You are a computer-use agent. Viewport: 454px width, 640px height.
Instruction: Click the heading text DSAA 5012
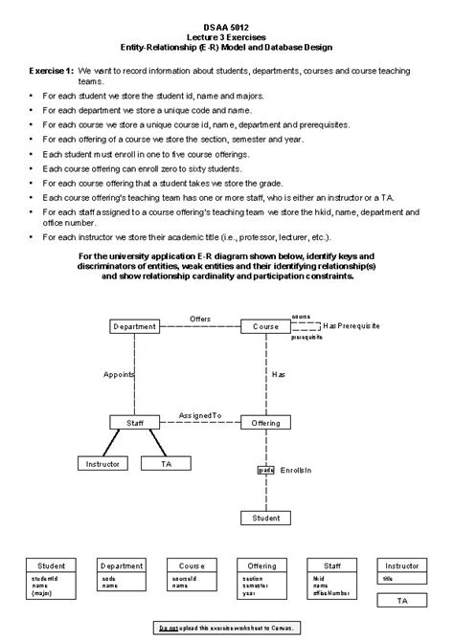click(226, 28)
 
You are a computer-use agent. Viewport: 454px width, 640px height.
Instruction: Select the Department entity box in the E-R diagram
click(134, 326)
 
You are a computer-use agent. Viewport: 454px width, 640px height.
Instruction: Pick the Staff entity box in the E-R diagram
click(134, 422)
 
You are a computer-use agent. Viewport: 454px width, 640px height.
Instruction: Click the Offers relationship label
click(199, 318)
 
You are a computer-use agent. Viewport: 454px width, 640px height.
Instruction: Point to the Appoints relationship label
click(119, 374)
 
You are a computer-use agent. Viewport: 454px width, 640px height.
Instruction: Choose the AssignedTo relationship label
click(200, 415)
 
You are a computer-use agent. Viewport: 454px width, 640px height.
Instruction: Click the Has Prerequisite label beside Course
click(347, 325)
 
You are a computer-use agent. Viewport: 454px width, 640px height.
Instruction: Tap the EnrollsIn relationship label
click(295, 471)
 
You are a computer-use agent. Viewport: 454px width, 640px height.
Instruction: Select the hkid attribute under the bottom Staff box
click(319, 578)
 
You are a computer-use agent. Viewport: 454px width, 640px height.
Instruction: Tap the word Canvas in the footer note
click(284, 627)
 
